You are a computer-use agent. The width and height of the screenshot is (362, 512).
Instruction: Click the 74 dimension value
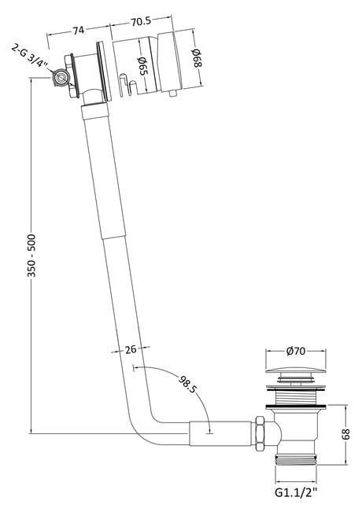click(x=79, y=30)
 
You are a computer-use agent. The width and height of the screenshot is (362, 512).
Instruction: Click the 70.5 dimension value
click(x=141, y=21)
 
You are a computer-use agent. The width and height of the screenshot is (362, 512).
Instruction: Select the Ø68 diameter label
click(x=197, y=58)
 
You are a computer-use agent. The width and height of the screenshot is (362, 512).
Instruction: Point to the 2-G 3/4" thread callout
click(x=29, y=56)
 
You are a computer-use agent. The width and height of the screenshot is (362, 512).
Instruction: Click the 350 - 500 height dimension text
click(x=31, y=256)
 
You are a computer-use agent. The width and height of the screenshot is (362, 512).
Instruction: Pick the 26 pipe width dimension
click(x=131, y=349)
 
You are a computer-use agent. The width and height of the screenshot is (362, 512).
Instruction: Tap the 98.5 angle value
click(x=187, y=385)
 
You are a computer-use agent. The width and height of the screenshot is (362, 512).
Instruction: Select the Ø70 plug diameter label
click(x=296, y=351)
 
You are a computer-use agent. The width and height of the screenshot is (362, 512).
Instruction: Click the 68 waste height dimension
click(x=345, y=433)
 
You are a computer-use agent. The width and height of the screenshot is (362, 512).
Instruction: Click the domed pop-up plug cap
click(x=296, y=371)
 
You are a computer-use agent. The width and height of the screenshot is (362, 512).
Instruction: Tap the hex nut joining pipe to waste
click(x=260, y=433)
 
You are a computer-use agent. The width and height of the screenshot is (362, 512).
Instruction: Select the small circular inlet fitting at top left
click(x=61, y=78)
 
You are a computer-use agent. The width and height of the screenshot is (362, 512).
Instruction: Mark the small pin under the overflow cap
click(x=172, y=94)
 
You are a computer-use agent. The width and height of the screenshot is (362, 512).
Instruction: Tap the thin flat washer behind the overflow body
click(x=105, y=72)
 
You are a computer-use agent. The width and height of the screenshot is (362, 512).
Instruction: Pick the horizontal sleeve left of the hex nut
click(x=220, y=433)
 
